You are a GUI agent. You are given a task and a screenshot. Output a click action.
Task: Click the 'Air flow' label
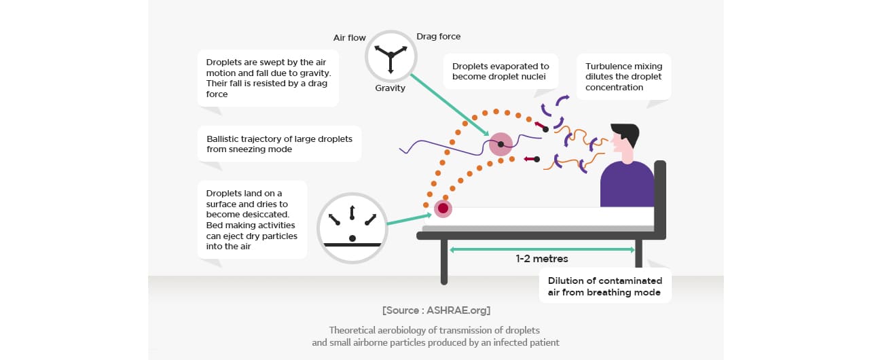[349, 38]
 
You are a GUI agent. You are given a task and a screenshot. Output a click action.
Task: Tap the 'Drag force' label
[438, 37]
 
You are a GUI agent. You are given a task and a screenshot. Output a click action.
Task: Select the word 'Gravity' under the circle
[390, 88]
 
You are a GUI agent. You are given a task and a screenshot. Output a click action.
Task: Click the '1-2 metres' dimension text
[541, 259]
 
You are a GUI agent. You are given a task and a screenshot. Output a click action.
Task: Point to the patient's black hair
[626, 133]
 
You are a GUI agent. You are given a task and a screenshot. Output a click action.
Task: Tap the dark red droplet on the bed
[443, 209]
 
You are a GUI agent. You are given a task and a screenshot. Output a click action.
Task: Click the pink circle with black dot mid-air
[501, 144]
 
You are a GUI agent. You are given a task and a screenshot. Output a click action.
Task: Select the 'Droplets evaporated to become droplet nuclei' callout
[501, 71]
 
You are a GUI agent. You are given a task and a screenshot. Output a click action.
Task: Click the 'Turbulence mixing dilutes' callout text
[623, 77]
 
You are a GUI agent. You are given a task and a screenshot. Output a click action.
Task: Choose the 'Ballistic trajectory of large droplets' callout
[279, 144]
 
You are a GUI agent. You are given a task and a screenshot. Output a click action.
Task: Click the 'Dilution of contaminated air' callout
[604, 286]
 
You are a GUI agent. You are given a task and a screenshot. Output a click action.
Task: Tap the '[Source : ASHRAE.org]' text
[436, 310]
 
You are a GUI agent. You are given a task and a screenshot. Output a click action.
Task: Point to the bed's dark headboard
[659, 197]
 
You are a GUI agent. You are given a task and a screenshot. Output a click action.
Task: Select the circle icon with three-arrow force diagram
[390, 55]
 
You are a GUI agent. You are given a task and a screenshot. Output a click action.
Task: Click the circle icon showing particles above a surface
[352, 227]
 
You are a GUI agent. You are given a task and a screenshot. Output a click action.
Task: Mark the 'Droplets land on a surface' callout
[252, 219]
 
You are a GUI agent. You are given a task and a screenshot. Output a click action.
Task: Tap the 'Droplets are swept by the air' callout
[268, 78]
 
